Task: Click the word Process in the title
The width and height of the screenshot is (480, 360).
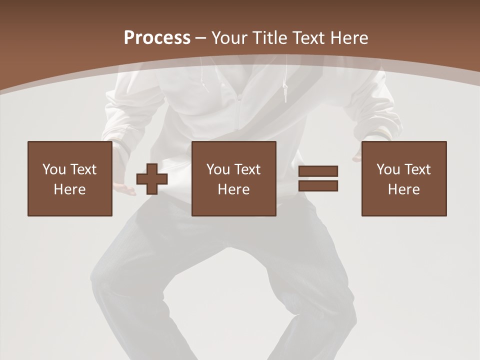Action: [157, 37]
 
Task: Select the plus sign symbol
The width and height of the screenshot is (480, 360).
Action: [152, 179]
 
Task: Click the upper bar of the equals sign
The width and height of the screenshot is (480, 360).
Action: [318, 171]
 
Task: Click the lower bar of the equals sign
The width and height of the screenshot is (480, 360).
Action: [318, 185]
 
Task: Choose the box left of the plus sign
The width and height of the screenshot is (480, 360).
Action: [69, 178]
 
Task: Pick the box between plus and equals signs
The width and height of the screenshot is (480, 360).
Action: [233, 178]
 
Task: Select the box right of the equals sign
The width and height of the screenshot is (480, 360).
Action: [403, 178]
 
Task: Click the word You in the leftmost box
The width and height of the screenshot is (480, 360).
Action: [54, 169]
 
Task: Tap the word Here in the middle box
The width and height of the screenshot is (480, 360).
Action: [233, 189]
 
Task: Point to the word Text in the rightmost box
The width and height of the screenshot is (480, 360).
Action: [417, 169]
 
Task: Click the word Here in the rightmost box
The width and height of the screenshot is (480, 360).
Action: [403, 189]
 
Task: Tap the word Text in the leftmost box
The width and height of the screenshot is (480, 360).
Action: [83, 169]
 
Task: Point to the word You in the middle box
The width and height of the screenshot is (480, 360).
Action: [218, 169]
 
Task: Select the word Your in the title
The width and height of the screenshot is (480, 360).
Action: [230, 37]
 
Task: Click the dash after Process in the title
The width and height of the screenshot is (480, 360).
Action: [200, 38]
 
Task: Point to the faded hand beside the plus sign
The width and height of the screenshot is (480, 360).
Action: [122, 188]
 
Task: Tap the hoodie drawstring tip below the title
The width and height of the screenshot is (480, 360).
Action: [285, 92]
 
